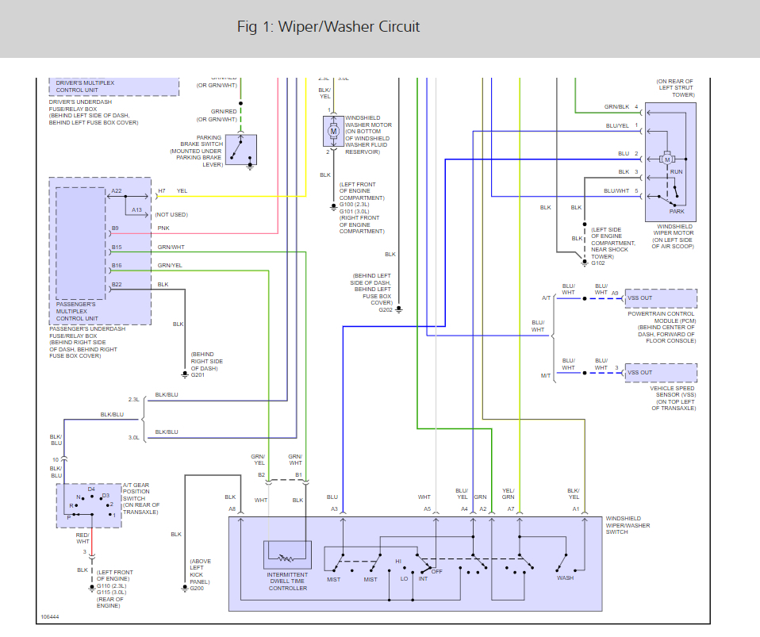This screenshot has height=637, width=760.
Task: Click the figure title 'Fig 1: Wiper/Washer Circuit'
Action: point(328,27)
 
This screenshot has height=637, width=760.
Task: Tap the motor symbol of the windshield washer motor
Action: point(334,130)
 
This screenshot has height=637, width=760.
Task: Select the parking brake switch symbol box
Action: point(241,149)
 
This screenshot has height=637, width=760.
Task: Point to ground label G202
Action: point(386,309)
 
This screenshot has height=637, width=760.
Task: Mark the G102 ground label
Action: point(599,263)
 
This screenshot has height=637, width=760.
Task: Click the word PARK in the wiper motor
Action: point(677,211)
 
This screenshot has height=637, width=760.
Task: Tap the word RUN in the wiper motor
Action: point(677,171)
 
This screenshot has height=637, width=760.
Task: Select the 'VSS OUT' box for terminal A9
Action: point(660,298)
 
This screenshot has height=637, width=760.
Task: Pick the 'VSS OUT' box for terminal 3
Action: point(660,373)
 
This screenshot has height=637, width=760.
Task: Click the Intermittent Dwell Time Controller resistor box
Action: point(287,554)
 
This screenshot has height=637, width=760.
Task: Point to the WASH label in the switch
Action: point(565,578)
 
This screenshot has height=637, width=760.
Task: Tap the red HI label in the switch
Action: point(399,562)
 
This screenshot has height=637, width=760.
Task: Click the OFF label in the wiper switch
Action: point(436,570)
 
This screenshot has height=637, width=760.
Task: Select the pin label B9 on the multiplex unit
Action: point(116,228)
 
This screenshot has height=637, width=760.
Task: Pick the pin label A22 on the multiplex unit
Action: point(117,191)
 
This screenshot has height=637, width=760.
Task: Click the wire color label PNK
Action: point(163,228)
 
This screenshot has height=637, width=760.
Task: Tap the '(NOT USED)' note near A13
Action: point(172,214)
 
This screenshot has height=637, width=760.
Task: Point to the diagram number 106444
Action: point(51,616)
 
